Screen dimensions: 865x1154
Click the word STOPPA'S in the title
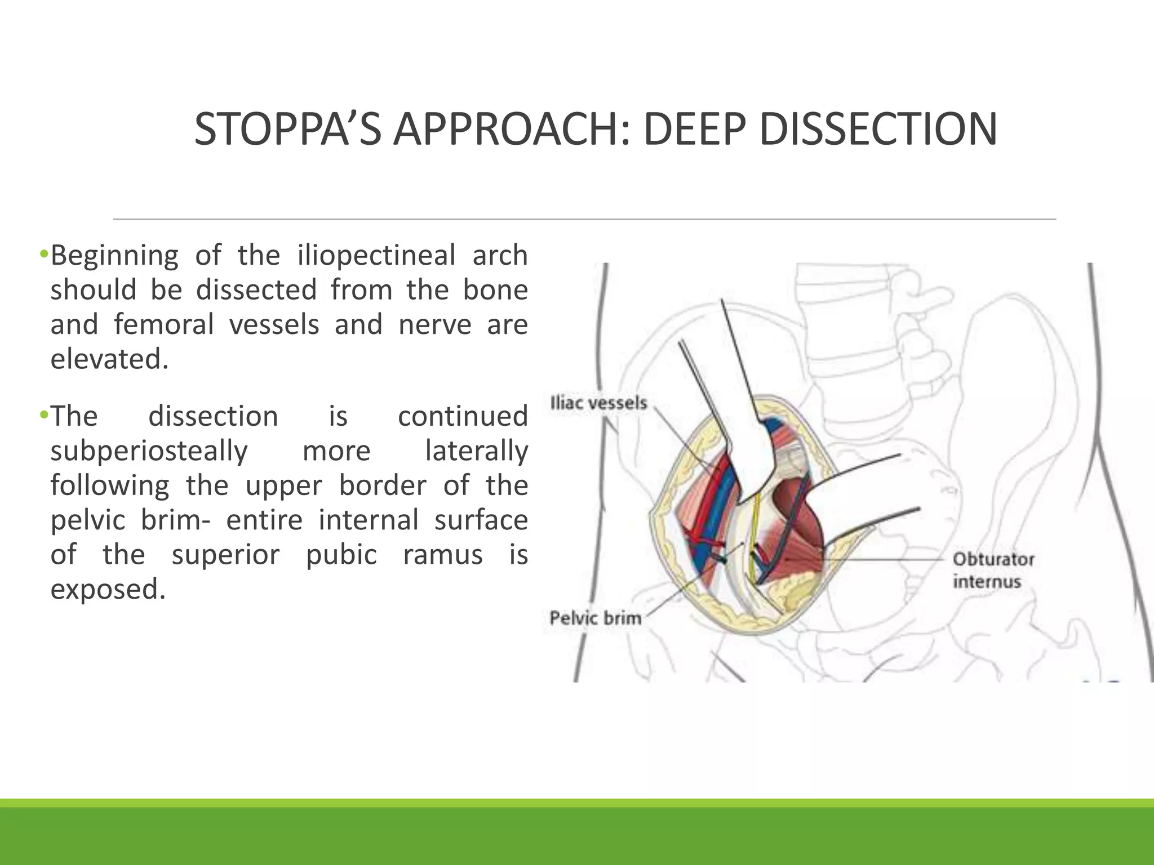(287, 129)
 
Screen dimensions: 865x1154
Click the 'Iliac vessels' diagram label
(598, 403)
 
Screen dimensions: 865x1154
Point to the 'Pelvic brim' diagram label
(595, 618)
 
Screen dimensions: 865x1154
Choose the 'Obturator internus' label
(993, 570)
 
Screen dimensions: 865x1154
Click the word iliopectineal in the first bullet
(376, 255)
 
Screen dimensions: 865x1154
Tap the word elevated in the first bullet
(109, 359)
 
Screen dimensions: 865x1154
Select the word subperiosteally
(149, 451)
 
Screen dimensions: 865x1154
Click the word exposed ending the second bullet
(108, 589)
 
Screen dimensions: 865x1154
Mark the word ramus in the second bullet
(442, 555)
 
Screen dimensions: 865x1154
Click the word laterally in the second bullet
(476, 451)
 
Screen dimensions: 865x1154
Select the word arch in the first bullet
(500, 255)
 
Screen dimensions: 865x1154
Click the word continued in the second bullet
(463, 416)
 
